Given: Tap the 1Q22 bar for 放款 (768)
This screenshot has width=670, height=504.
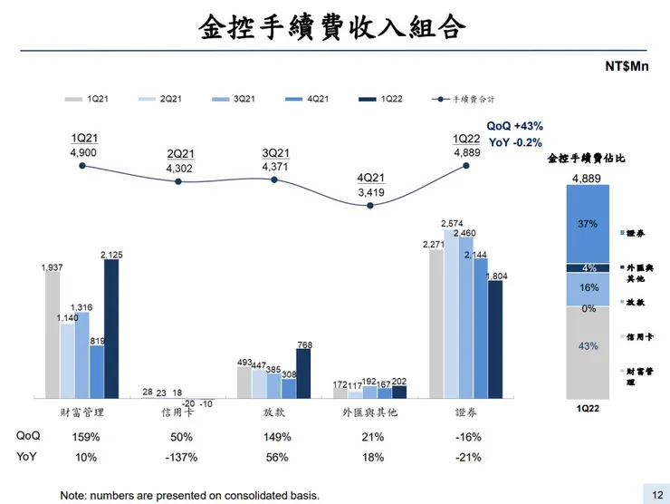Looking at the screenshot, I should click(303, 373).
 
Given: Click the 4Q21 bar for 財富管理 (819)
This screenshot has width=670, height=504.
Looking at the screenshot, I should click(96, 372).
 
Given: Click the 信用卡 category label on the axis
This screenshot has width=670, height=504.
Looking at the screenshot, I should click(177, 412).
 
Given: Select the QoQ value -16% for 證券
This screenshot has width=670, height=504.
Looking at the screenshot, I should click(466, 436).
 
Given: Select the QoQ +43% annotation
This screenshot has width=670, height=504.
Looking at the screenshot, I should click(515, 126).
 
